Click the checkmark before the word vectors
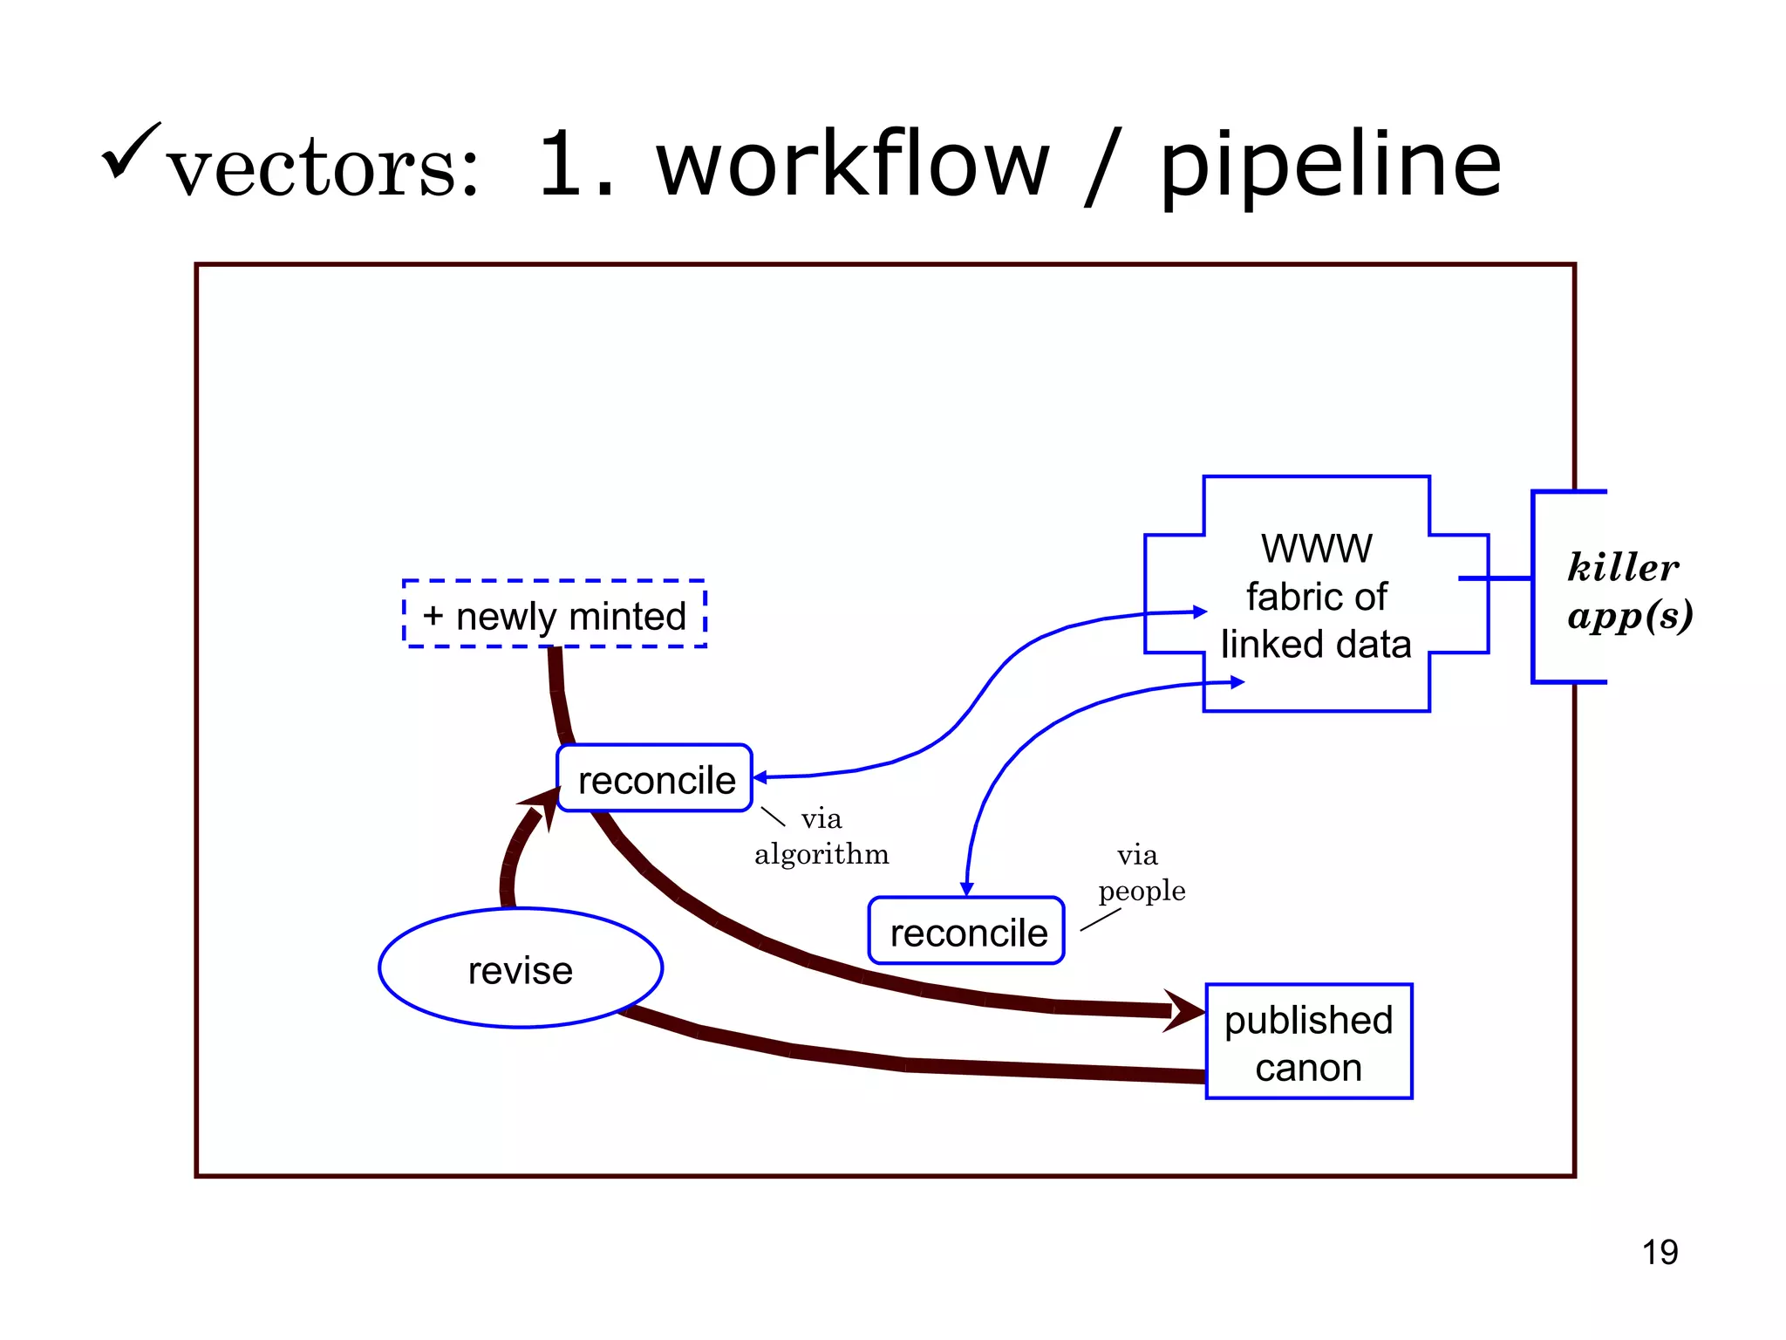pos(131,150)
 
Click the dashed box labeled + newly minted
pos(555,615)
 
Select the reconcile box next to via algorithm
pos(655,779)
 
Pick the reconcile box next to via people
pos(966,932)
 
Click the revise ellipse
pos(521,969)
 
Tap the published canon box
pos(1308,1043)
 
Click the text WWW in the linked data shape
pos(1316,549)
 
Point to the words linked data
pos(1315,645)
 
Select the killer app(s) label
pos(1627,591)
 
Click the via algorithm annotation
pos(821,837)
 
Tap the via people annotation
pos(1141,873)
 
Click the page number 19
pos(1660,1252)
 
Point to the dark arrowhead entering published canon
pos(1186,1010)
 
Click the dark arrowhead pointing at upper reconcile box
pos(542,803)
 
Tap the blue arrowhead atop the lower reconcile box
pos(966,889)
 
